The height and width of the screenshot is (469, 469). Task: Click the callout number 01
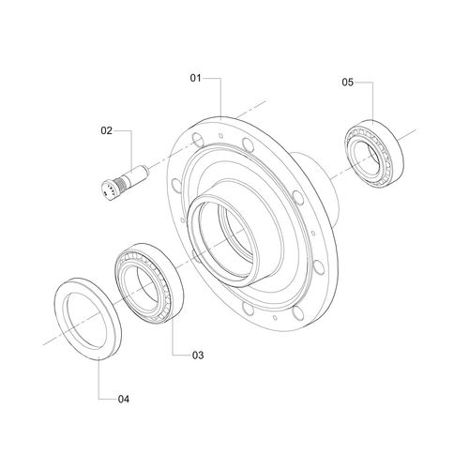coord(196,78)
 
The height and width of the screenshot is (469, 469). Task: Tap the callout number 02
coord(106,130)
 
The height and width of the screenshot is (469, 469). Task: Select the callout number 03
coord(198,356)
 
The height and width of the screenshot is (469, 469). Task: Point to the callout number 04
coord(124,399)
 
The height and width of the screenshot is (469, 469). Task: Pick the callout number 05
coord(347,83)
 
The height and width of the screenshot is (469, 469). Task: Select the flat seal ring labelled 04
coord(88,318)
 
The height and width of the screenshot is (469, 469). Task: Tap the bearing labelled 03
coord(149,282)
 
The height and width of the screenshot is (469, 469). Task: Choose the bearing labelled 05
coord(374,154)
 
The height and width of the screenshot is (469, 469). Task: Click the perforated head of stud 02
coord(110,189)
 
